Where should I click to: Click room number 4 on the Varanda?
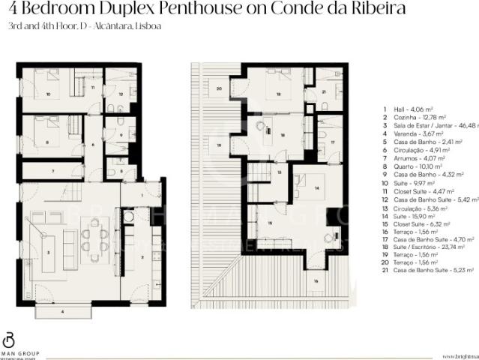point(62,310)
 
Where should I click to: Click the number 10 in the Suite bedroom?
point(48,95)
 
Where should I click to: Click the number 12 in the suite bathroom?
point(120,95)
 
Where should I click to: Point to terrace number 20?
point(218,88)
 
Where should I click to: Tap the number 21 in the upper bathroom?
point(324,91)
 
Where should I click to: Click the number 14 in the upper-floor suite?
point(316,187)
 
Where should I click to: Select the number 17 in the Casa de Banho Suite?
point(331,141)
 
